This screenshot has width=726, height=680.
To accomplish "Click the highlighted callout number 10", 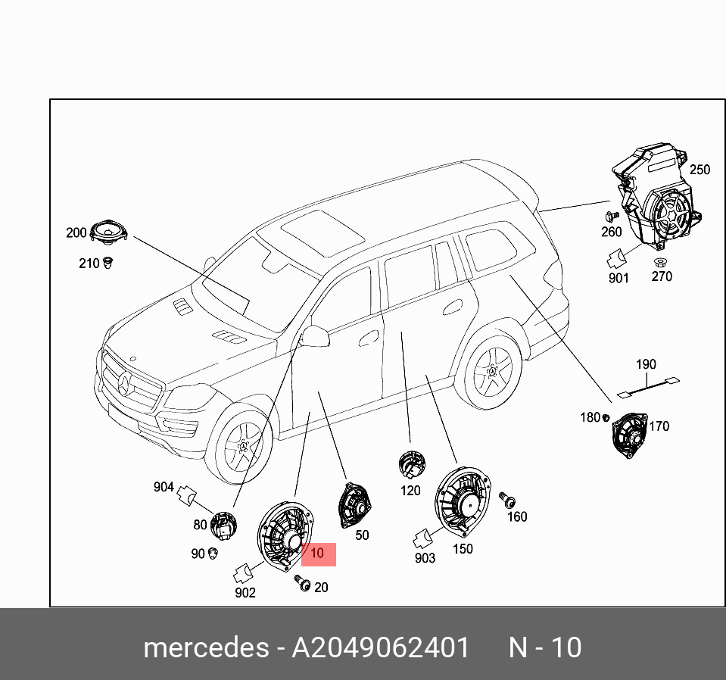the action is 317,554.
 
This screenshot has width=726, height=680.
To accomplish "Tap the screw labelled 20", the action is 304,584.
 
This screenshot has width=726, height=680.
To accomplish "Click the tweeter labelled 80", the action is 223,522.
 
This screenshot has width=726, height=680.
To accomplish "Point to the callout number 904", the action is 164,488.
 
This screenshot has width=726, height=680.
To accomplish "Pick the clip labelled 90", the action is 213,553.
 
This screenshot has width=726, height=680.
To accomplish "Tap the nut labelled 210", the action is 108,263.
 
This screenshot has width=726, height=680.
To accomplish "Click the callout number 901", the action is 619,278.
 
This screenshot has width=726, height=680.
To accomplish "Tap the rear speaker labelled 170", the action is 628,435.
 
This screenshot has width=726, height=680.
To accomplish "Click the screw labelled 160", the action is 509,499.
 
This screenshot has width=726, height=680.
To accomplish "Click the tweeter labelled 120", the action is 411,463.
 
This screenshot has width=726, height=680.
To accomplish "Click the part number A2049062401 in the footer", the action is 381,648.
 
